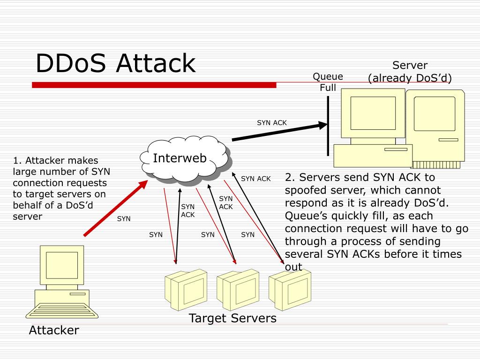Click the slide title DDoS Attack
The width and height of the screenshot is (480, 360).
[116, 63]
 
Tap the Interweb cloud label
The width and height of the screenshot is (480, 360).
[180, 158]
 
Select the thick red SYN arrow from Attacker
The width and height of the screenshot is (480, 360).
[116, 208]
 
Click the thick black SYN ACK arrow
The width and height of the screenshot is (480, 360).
[280, 131]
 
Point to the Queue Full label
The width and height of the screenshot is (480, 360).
[328, 82]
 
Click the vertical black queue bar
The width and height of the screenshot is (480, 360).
[328, 126]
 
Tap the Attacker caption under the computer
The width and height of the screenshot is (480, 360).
[54, 330]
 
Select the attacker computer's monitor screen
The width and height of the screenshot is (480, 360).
[62, 265]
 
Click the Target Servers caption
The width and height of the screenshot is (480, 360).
[232, 318]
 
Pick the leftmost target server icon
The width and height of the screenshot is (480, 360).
[186, 290]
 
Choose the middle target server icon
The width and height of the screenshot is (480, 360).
[238, 290]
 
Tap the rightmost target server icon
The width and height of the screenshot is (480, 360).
[290, 290]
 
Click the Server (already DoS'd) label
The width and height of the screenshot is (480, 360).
[410, 72]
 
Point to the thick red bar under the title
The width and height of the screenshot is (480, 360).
[154, 85]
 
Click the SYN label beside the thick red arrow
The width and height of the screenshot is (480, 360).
[124, 218]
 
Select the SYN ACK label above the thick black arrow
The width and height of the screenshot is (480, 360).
[272, 123]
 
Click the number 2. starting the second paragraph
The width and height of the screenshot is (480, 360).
[290, 177]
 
